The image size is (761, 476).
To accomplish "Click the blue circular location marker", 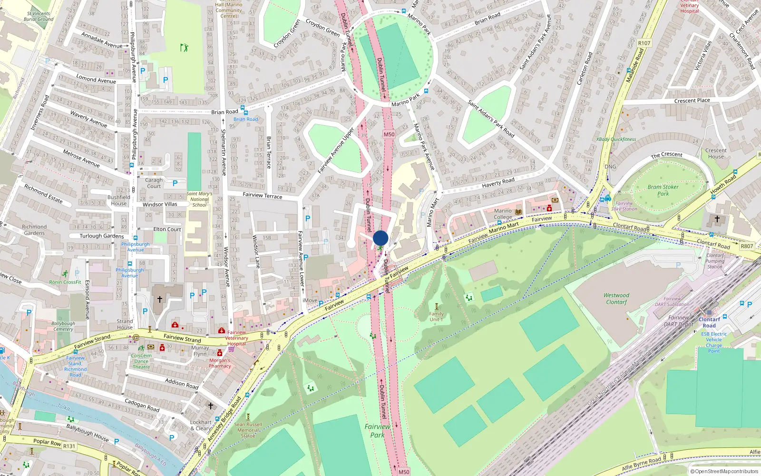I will [380, 238].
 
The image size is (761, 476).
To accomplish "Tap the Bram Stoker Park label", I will [663, 190].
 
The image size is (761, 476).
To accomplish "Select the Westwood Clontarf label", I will [616, 298].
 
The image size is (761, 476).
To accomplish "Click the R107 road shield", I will [644, 43].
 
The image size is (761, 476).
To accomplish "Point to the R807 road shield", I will [747, 246].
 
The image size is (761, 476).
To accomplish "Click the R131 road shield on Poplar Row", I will [69, 446].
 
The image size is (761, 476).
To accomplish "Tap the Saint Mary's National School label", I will [199, 199].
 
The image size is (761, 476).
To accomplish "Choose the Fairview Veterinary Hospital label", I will [236, 338].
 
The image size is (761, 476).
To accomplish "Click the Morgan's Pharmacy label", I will [220, 363].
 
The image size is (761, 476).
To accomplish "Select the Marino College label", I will [503, 214].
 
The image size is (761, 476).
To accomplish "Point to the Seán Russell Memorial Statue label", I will [248, 430].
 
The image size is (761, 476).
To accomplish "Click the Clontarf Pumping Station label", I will [714, 261].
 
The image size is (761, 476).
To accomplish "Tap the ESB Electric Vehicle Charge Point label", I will [714, 342].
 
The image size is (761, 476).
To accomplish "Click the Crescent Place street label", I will [692, 100].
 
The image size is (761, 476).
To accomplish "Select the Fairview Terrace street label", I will [262, 195].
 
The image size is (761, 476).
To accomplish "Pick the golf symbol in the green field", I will [184, 48].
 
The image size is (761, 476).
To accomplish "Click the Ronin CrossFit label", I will [65, 282].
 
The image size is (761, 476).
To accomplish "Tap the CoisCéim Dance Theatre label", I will [141, 361].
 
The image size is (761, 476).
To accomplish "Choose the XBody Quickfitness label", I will [616, 139].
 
